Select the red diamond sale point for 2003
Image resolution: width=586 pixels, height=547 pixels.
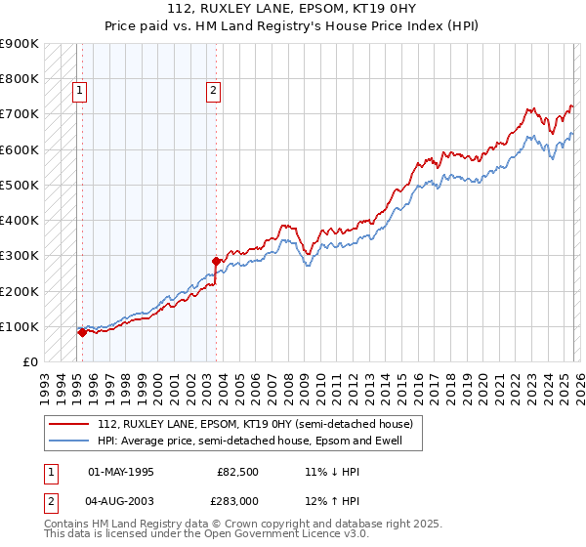point(216,261)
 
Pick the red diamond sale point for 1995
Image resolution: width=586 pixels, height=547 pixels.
point(82,332)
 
